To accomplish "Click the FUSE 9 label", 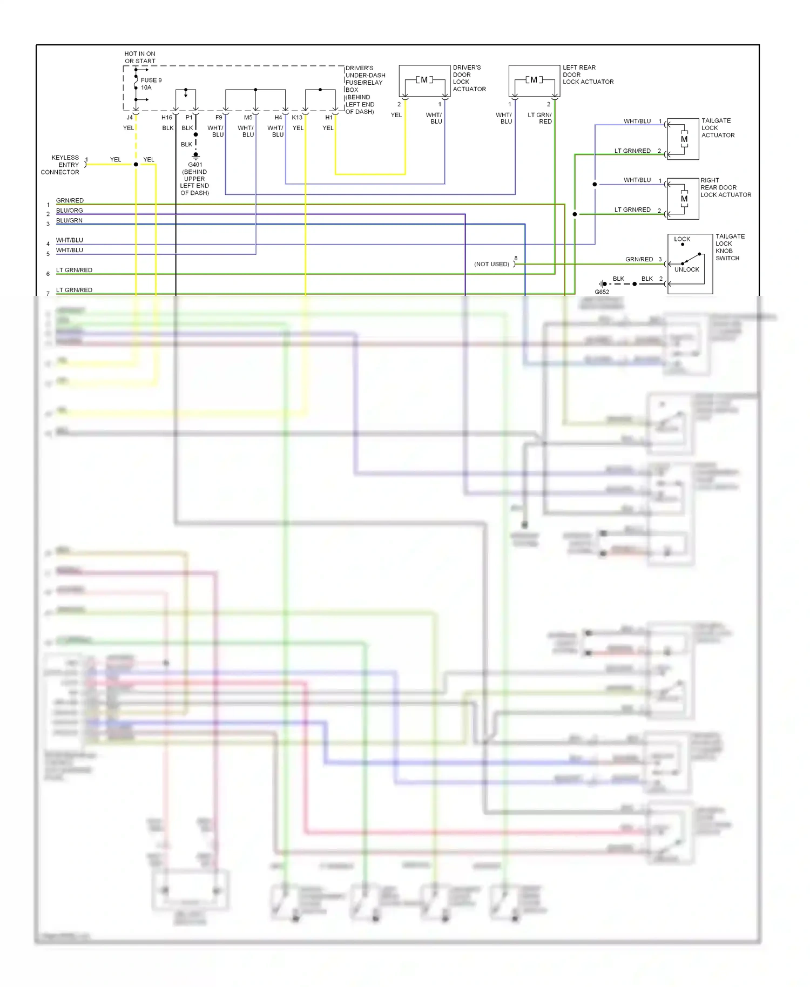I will tap(151, 80).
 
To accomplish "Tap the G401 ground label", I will tap(195, 165).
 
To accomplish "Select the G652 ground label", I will tap(602, 292).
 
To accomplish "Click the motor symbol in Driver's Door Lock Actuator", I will tap(424, 80).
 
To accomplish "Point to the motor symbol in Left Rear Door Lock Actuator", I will tap(534, 80).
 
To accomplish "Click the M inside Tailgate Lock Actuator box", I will tap(684, 139).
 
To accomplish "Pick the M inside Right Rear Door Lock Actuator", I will tap(684, 199).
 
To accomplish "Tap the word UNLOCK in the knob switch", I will tap(686, 269).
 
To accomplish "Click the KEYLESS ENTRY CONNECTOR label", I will tap(60, 165).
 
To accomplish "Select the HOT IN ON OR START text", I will tap(140, 57).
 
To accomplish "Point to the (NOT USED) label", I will tap(491, 264).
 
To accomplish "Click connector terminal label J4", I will tap(130, 117).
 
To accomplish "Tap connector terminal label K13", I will tap(297, 117).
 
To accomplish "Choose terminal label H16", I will tap(167, 117).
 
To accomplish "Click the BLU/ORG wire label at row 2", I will tap(70, 211).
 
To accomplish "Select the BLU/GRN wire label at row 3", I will tap(70, 220).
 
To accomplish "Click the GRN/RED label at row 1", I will tap(70, 200).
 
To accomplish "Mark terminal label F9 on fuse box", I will tap(219, 117).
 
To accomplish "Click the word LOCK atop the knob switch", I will tap(682, 239).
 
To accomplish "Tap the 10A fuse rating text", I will tap(146, 87).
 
